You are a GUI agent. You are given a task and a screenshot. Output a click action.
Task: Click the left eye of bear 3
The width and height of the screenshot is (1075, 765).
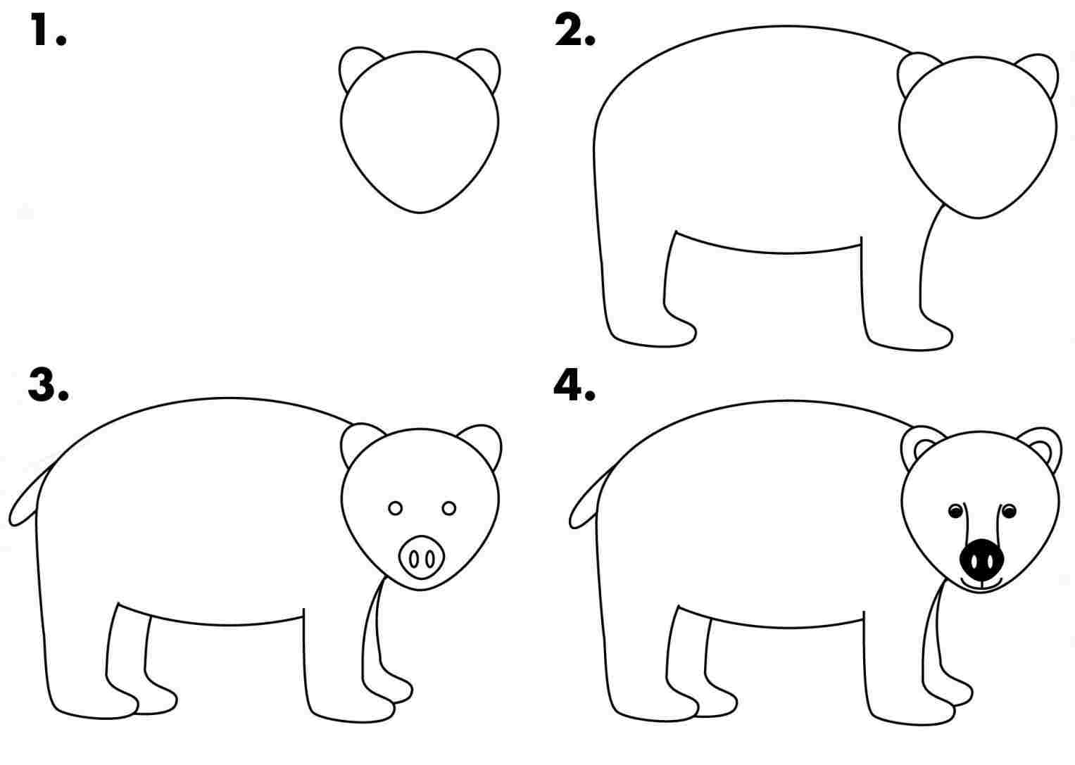point(395,508)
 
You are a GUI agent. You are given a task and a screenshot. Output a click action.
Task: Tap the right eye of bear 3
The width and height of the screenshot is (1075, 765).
point(448,508)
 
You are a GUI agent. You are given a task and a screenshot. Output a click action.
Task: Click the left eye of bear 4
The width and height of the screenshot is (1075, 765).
point(955,511)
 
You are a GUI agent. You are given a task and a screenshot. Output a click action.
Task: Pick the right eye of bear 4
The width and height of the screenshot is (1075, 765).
point(1010,511)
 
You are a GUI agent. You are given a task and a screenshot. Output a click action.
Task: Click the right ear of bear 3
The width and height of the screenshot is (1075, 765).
point(486,442)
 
